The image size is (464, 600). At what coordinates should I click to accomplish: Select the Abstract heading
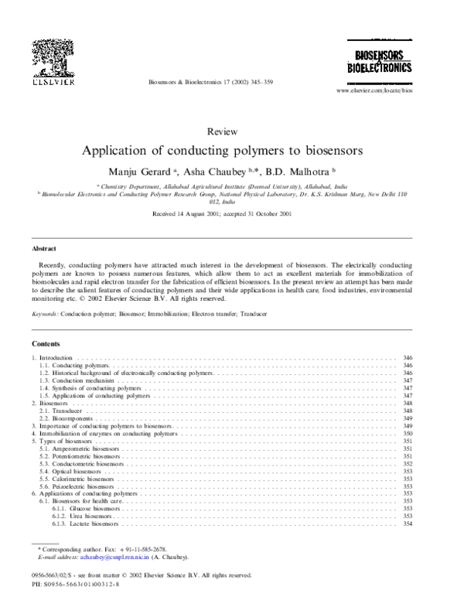(x=43, y=249)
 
